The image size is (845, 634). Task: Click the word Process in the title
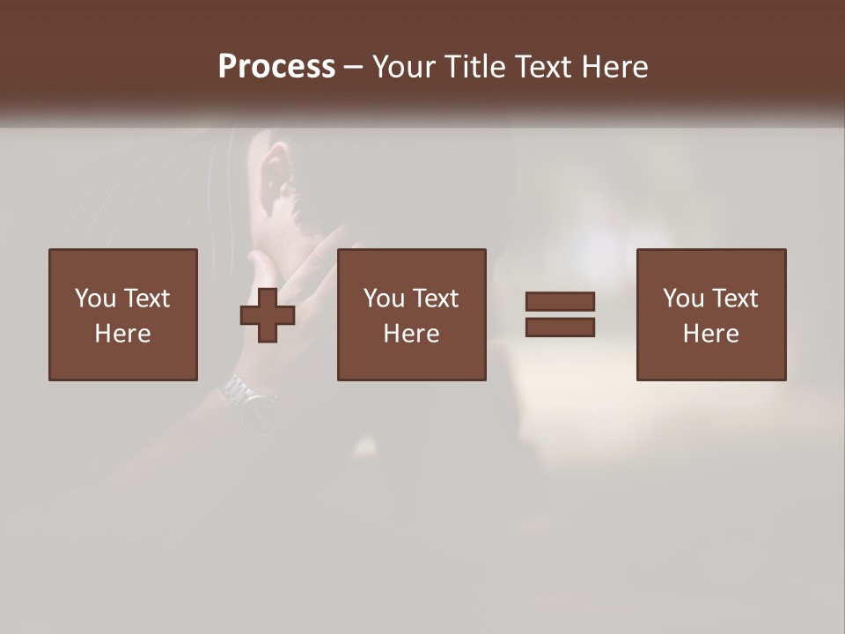pyautogui.click(x=276, y=67)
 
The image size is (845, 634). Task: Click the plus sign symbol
pyautogui.click(x=268, y=314)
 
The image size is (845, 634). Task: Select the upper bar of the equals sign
pyautogui.click(x=560, y=301)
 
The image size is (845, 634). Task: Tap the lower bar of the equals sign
pyautogui.click(x=560, y=327)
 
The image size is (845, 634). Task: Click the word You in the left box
pyautogui.click(x=94, y=299)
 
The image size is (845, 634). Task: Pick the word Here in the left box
pyautogui.click(x=122, y=334)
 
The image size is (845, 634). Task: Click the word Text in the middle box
pyautogui.click(x=435, y=299)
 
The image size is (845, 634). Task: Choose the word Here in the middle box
pyautogui.click(x=411, y=334)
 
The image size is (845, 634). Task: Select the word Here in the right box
pyautogui.click(x=710, y=334)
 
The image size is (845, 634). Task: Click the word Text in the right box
pyautogui.click(x=734, y=299)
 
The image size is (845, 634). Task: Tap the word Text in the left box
pyautogui.click(x=146, y=299)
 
